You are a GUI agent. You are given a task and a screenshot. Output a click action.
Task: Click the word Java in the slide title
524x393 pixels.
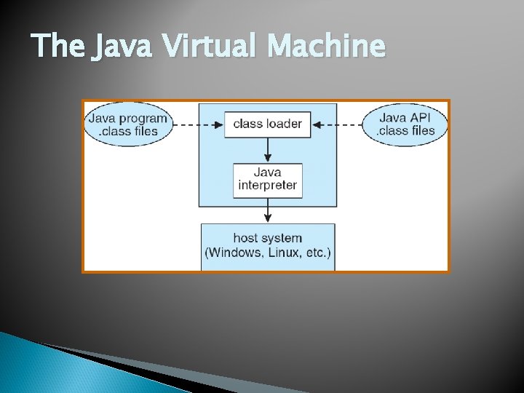coord(122,47)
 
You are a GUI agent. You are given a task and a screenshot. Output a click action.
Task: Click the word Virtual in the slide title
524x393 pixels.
coord(211,47)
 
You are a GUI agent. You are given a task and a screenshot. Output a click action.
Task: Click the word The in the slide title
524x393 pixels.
coord(59,47)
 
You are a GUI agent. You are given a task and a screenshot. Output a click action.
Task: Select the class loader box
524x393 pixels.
coord(267,124)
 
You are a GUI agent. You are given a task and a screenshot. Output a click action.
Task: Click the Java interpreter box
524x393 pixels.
coord(267,179)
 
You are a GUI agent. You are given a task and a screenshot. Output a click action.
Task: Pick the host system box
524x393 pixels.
coord(268,246)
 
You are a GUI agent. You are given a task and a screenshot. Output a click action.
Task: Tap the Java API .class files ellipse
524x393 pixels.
coord(405,124)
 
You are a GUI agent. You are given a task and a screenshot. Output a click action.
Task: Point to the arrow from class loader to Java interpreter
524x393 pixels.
coord(268,148)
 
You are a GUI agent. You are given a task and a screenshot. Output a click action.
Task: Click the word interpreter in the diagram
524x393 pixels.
coord(268,186)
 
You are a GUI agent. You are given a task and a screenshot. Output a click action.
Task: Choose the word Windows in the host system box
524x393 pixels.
coord(234,253)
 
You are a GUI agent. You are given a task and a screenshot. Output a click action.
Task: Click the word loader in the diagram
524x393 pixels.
coord(285,124)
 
